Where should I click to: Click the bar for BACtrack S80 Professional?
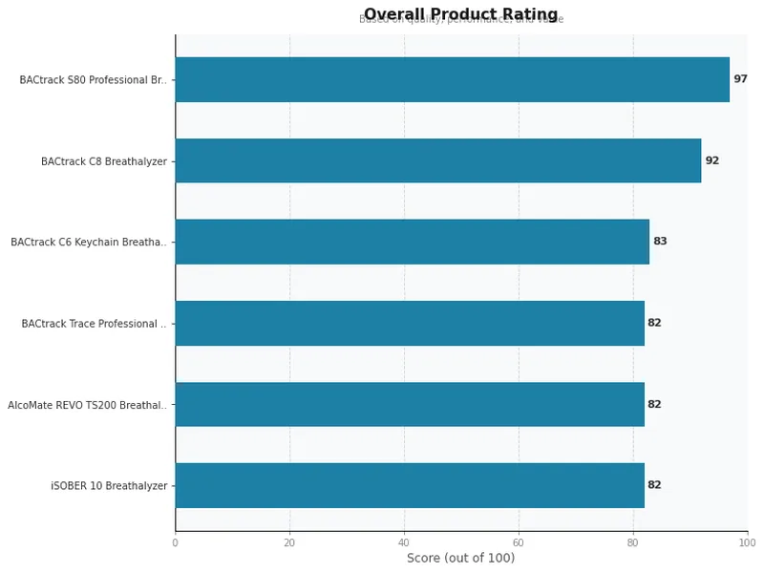point(452,79)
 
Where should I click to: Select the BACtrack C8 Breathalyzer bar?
point(437,160)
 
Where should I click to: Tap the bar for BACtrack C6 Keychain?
point(412,242)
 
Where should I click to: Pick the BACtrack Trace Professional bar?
point(409,323)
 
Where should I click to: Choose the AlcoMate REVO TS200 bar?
point(409,404)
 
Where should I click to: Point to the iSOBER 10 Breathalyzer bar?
point(409,485)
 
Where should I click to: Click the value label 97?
point(740,79)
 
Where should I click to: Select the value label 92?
point(711,160)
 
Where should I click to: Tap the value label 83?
point(660,242)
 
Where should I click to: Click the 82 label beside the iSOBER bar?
point(654,485)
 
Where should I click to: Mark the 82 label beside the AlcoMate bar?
point(654,404)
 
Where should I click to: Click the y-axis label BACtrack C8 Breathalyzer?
point(103,161)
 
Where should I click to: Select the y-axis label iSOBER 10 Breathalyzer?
point(109,486)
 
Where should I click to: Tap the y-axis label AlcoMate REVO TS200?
point(87,405)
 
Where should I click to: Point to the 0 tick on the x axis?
point(175,542)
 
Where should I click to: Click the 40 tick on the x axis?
point(404,542)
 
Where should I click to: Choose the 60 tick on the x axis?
point(519,542)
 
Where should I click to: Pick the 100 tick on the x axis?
point(747,542)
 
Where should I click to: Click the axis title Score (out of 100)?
point(460,559)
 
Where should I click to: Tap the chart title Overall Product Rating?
point(460,13)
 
